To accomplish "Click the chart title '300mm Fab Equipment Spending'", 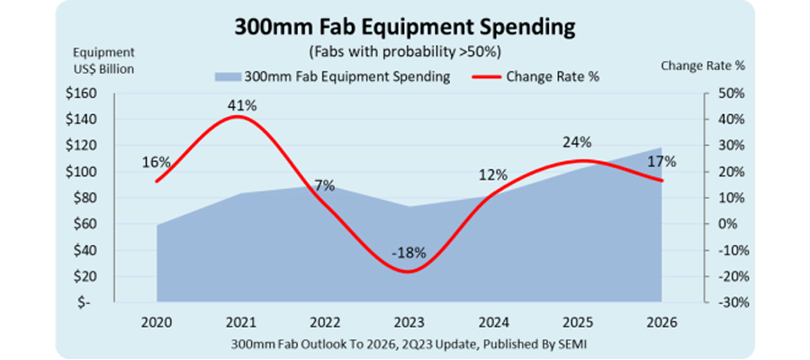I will tap(404, 26).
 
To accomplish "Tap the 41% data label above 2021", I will tap(242, 105).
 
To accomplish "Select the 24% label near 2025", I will tap(577, 142).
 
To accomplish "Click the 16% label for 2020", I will tap(157, 162).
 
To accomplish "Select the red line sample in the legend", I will tap(486, 76).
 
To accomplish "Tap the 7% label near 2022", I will tap(324, 185).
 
